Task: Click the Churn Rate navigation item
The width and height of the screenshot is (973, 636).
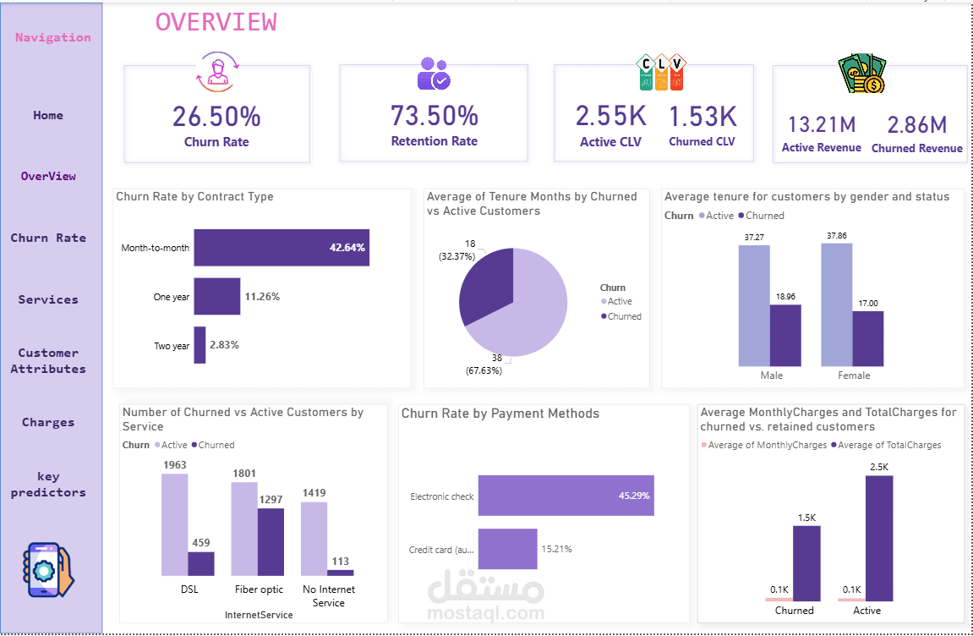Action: tap(48, 238)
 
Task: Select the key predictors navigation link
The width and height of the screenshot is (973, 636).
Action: tap(48, 484)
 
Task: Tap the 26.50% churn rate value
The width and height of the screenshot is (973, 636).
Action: tap(216, 116)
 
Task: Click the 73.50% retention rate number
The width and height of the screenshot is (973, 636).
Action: tap(434, 115)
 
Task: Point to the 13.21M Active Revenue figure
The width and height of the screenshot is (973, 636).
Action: tap(822, 125)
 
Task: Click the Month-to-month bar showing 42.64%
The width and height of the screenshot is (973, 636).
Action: tap(281, 248)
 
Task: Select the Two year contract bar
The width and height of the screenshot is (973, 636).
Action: tap(200, 345)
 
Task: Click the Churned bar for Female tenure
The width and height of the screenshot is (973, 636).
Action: tap(867, 338)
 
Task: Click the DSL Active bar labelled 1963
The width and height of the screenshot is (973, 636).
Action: tap(174, 524)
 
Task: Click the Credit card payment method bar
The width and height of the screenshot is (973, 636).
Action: tap(507, 549)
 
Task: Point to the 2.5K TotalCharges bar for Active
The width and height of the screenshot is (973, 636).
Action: tap(879, 537)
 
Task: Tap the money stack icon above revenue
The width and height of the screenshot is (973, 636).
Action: tap(861, 74)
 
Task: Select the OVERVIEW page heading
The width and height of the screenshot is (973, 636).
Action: tap(216, 22)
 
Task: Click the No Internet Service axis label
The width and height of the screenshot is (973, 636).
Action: tap(328, 596)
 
